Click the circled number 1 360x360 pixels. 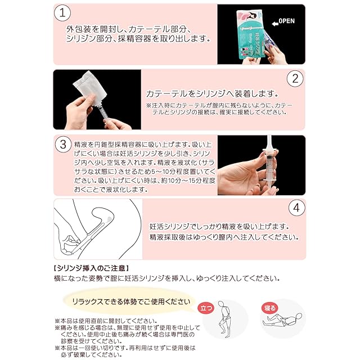(62, 13)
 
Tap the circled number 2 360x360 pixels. (295, 79)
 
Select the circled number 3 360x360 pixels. (63, 145)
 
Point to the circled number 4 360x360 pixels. (296, 208)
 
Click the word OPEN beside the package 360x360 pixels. (286, 21)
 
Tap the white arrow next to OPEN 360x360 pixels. (275, 24)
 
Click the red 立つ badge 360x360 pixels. (206, 308)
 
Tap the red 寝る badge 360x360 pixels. (269, 308)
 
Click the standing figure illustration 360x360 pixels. (224, 319)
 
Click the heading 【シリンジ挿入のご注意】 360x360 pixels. (91, 268)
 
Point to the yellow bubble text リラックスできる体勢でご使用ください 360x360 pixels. (131, 301)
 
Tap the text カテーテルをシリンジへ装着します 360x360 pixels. (212, 94)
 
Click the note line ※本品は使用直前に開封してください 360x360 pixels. (106, 321)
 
